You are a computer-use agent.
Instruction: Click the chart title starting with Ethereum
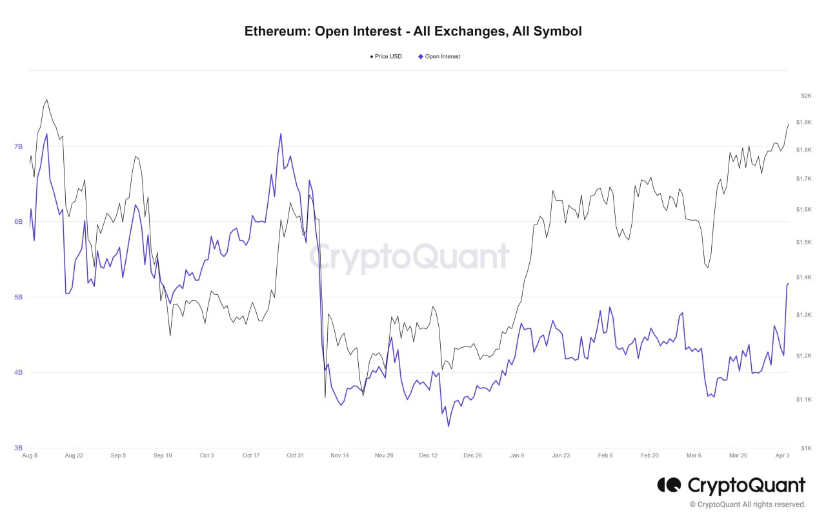[x=413, y=31]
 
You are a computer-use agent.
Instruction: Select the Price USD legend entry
[x=386, y=57]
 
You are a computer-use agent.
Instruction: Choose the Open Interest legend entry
[x=439, y=57]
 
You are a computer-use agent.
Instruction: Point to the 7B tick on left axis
[x=18, y=146]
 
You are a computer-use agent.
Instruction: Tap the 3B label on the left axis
[x=18, y=448]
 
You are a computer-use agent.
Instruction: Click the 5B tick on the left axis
[x=18, y=297]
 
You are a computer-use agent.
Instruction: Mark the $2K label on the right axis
[x=805, y=95]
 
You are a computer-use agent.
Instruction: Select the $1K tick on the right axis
[x=805, y=448]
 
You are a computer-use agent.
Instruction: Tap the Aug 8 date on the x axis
[x=30, y=455]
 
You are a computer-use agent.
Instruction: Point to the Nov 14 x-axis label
[x=339, y=455]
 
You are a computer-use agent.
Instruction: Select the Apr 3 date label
[x=782, y=455]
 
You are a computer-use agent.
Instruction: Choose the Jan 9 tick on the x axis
[x=517, y=455]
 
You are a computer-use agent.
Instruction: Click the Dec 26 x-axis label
[x=472, y=455]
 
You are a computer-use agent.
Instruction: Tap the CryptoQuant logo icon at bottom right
[x=669, y=485]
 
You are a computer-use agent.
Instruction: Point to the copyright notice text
[x=747, y=505]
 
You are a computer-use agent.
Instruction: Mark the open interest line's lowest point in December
[x=448, y=426]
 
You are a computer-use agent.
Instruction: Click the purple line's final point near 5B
[x=789, y=283]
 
